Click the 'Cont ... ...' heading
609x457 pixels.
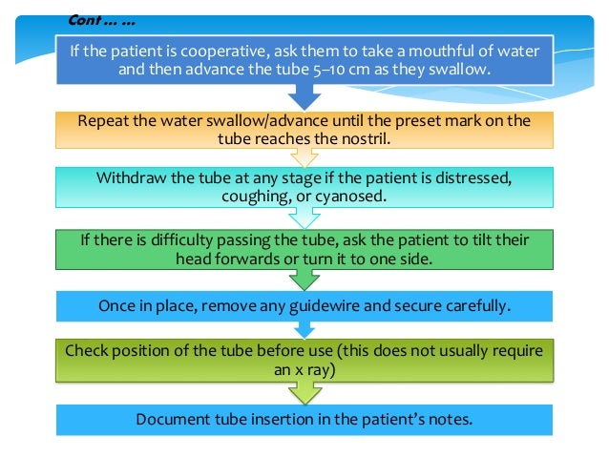point(99,20)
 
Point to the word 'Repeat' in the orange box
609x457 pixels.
point(105,121)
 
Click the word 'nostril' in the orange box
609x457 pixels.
point(370,138)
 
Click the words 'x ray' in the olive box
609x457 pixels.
point(322,366)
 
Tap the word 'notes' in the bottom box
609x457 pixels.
point(451,419)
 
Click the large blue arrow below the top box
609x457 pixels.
point(304,96)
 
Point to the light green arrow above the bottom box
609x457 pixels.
point(304,392)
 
